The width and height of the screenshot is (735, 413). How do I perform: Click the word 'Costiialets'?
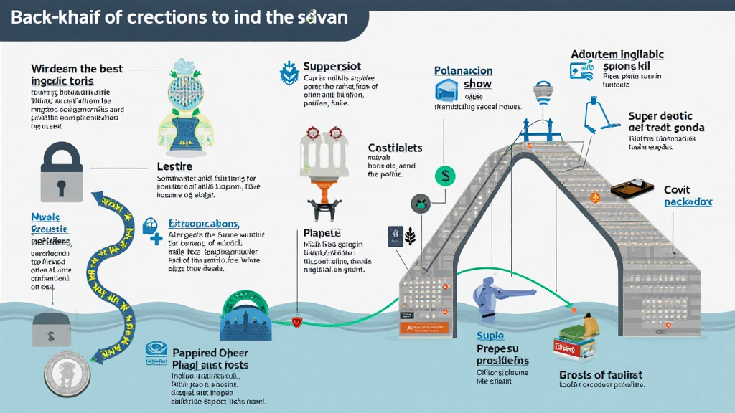tap(395, 148)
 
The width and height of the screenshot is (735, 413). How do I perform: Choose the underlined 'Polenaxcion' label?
tap(463, 71)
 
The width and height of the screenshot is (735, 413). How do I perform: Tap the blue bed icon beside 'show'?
tap(445, 90)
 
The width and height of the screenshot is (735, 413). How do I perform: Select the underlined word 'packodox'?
tap(688, 202)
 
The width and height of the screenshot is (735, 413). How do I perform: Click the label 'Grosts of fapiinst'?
tap(600, 374)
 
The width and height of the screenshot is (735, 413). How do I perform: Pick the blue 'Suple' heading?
tap(490, 336)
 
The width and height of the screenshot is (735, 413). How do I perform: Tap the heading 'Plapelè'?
tap(322, 233)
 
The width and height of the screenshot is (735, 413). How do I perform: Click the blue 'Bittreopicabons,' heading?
tap(203, 223)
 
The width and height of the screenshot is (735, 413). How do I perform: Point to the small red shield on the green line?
tap(296, 323)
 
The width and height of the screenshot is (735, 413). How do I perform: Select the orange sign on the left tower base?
tap(426, 327)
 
